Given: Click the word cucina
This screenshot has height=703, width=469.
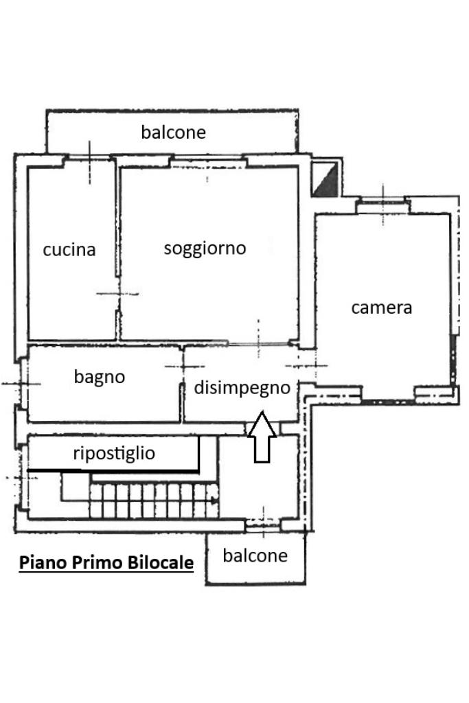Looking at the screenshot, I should tap(69, 250).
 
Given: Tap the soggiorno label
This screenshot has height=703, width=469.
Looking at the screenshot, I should tap(205, 248).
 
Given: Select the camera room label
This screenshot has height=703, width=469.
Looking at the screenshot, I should tap(381, 308).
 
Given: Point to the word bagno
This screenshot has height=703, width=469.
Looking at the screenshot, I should tap(100, 376).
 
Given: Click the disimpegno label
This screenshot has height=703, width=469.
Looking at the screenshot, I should tap(242, 388).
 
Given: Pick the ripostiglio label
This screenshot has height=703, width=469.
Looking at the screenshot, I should tap(114, 453).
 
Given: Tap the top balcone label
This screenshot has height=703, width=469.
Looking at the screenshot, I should tap(173, 132).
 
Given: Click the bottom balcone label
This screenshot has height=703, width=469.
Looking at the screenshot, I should tap(255, 555).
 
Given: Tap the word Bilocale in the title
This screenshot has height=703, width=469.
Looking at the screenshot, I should tap(160, 563).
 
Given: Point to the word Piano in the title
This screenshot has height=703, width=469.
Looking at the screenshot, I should tap(39, 563).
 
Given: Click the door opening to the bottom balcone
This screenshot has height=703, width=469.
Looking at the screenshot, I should tap(262, 527).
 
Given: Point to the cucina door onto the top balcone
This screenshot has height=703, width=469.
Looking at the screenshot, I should tap(89, 159).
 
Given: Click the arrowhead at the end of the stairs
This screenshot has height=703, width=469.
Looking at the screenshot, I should tap(216, 500).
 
